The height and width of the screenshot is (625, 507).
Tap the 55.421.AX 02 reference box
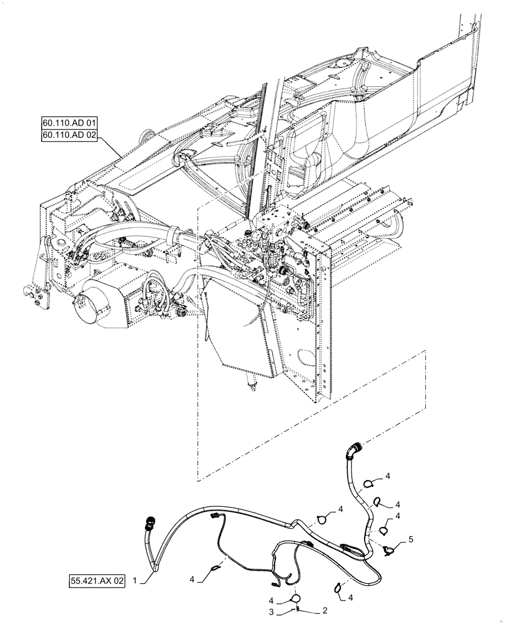tap(97, 581)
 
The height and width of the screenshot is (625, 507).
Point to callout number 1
tap(135, 581)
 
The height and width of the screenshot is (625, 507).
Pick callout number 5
tap(410, 537)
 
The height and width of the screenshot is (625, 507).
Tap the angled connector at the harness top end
tap(355, 449)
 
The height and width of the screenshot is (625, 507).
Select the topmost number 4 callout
tap(387, 476)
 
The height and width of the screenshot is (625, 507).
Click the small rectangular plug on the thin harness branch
tap(215, 516)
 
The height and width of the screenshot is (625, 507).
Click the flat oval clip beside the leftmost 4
tap(215, 568)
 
